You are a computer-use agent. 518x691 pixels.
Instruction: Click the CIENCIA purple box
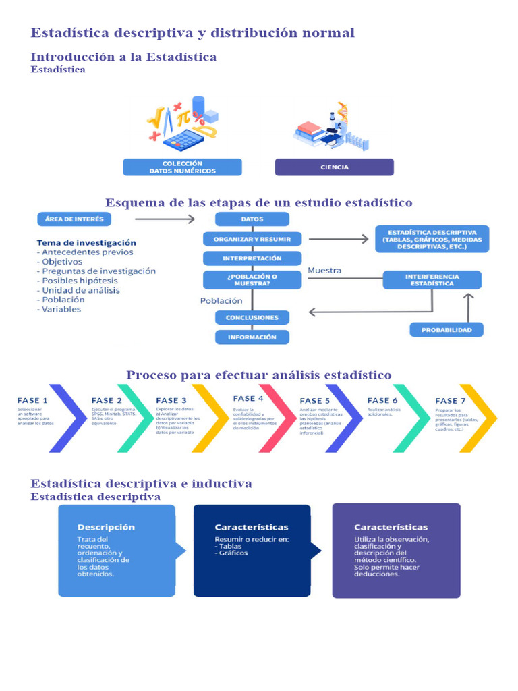tap(334, 167)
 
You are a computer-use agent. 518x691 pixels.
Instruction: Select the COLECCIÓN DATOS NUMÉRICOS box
tap(182, 167)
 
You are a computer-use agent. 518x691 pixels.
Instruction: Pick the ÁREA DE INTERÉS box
tap(74, 219)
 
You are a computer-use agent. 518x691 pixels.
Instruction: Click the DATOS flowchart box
tap(252, 219)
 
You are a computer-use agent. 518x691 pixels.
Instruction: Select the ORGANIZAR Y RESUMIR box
tap(252, 239)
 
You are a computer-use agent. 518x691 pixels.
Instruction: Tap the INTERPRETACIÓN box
tap(252, 258)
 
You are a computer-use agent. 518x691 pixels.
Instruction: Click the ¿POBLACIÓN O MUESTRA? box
tap(252, 279)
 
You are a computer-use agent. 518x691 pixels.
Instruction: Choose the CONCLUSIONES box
tap(252, 317)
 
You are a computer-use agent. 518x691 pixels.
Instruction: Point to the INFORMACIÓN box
tap(252, 337)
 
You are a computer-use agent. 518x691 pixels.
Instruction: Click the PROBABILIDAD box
tap(447, 330)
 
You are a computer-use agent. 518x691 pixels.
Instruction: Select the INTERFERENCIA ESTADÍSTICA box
tap(432, 280)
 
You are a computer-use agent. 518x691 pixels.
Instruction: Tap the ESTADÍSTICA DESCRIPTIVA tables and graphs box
tap(432, 239)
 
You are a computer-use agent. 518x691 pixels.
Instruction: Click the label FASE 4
tap(248, 399)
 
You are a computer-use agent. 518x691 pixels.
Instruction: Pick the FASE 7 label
tap(451, 401)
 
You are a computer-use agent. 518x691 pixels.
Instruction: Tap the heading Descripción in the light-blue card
tap(106, 527)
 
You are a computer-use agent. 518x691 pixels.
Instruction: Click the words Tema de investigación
tap(86, 242)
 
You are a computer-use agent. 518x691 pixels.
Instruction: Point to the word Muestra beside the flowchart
tap(324, 270)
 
